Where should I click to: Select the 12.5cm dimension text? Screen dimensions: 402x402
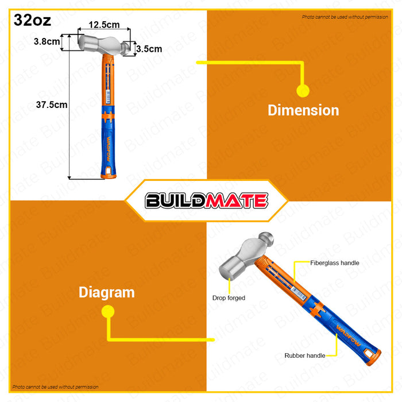(104, 25)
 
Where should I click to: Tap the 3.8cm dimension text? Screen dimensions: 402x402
(46, 41)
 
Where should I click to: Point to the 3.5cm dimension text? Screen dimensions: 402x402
(149, 49)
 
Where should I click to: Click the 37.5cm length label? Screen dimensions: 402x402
(52, 105)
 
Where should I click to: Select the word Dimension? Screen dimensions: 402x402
(303, 110)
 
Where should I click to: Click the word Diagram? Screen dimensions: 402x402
(107, 292)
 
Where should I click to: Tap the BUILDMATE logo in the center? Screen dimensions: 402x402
(206, 200)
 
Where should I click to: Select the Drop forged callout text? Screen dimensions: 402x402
(229, 298)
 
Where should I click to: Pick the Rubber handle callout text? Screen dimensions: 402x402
(304, 356)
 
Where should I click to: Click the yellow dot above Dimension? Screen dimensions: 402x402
(303, 90)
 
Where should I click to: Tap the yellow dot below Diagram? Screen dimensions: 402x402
(107, 312)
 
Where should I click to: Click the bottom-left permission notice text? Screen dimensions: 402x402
(56, 387)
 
